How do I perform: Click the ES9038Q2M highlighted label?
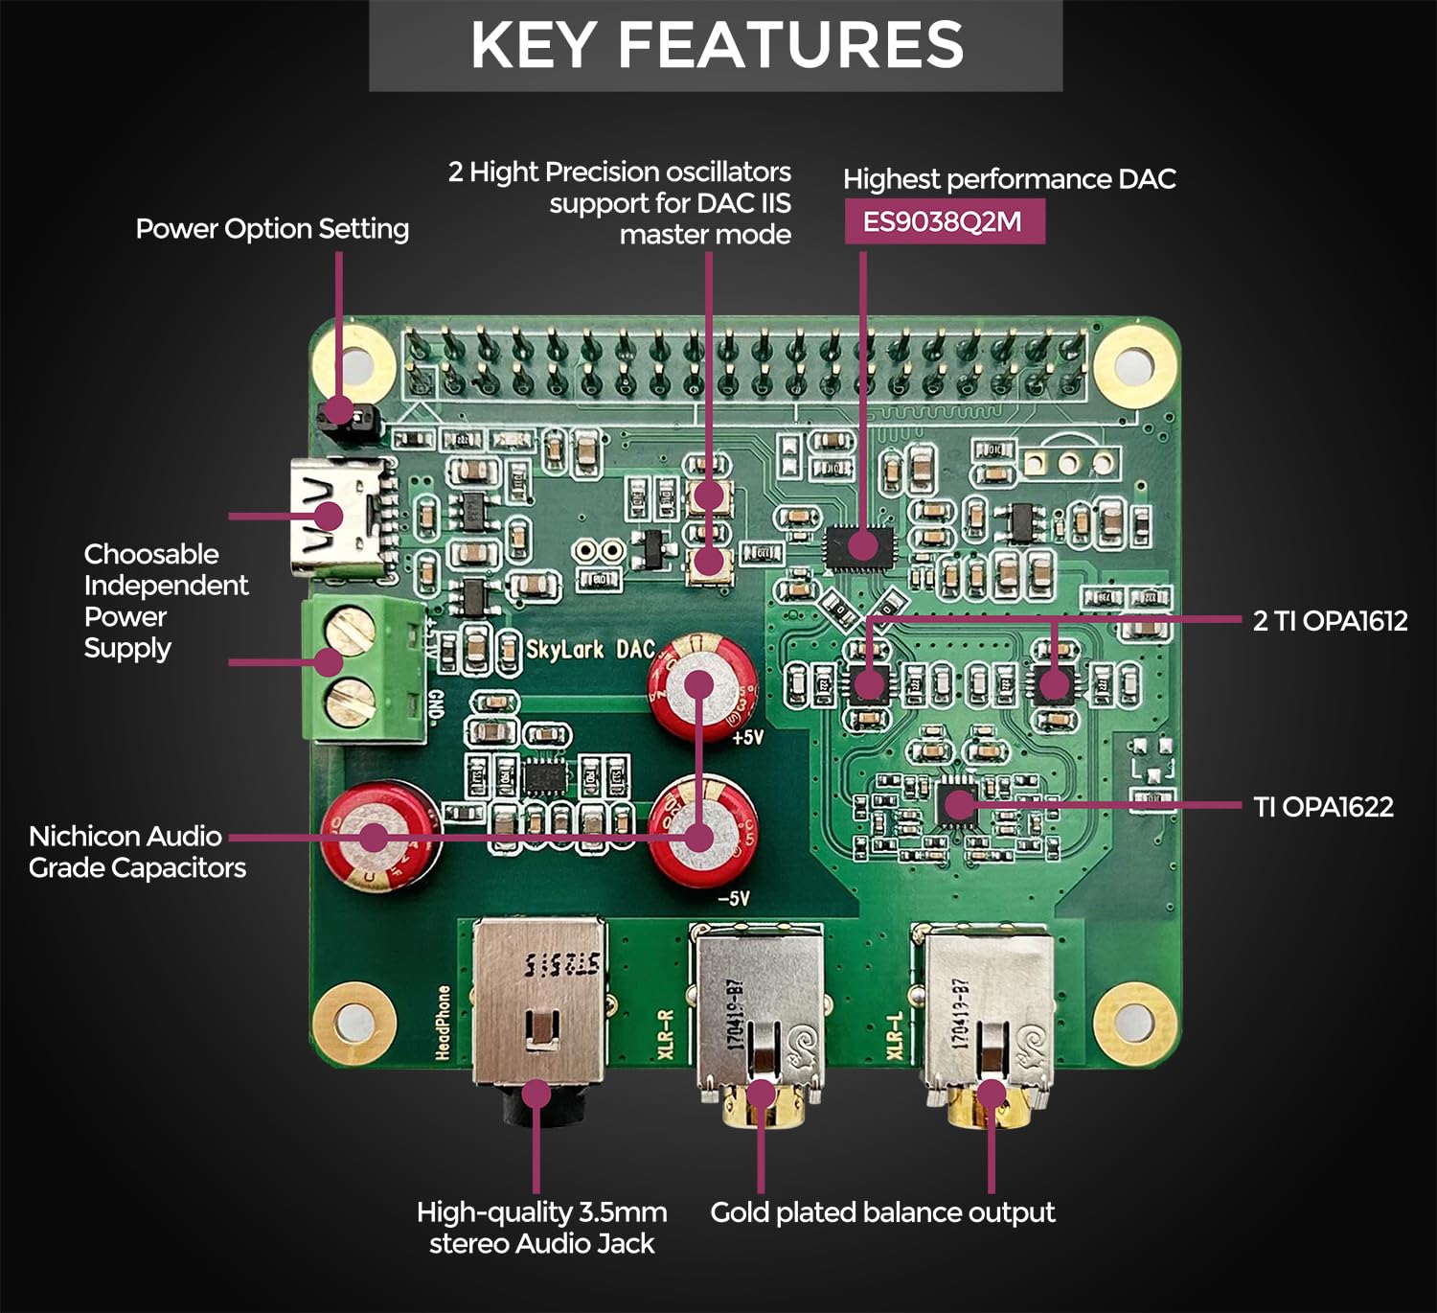(x=944, y=221)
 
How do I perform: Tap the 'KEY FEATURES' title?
(x=717, y=45)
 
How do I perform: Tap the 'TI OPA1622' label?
(x=1323, y=807)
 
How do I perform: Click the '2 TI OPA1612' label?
(x=1330, y=621)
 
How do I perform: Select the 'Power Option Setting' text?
(x=272, y=229)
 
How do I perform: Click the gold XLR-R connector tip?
(x=761, y=1102)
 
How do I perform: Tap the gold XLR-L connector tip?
(x=991, y=1102)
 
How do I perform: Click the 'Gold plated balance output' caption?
(x=882, y=1212)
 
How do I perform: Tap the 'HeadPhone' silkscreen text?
(x=444, y=1022)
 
